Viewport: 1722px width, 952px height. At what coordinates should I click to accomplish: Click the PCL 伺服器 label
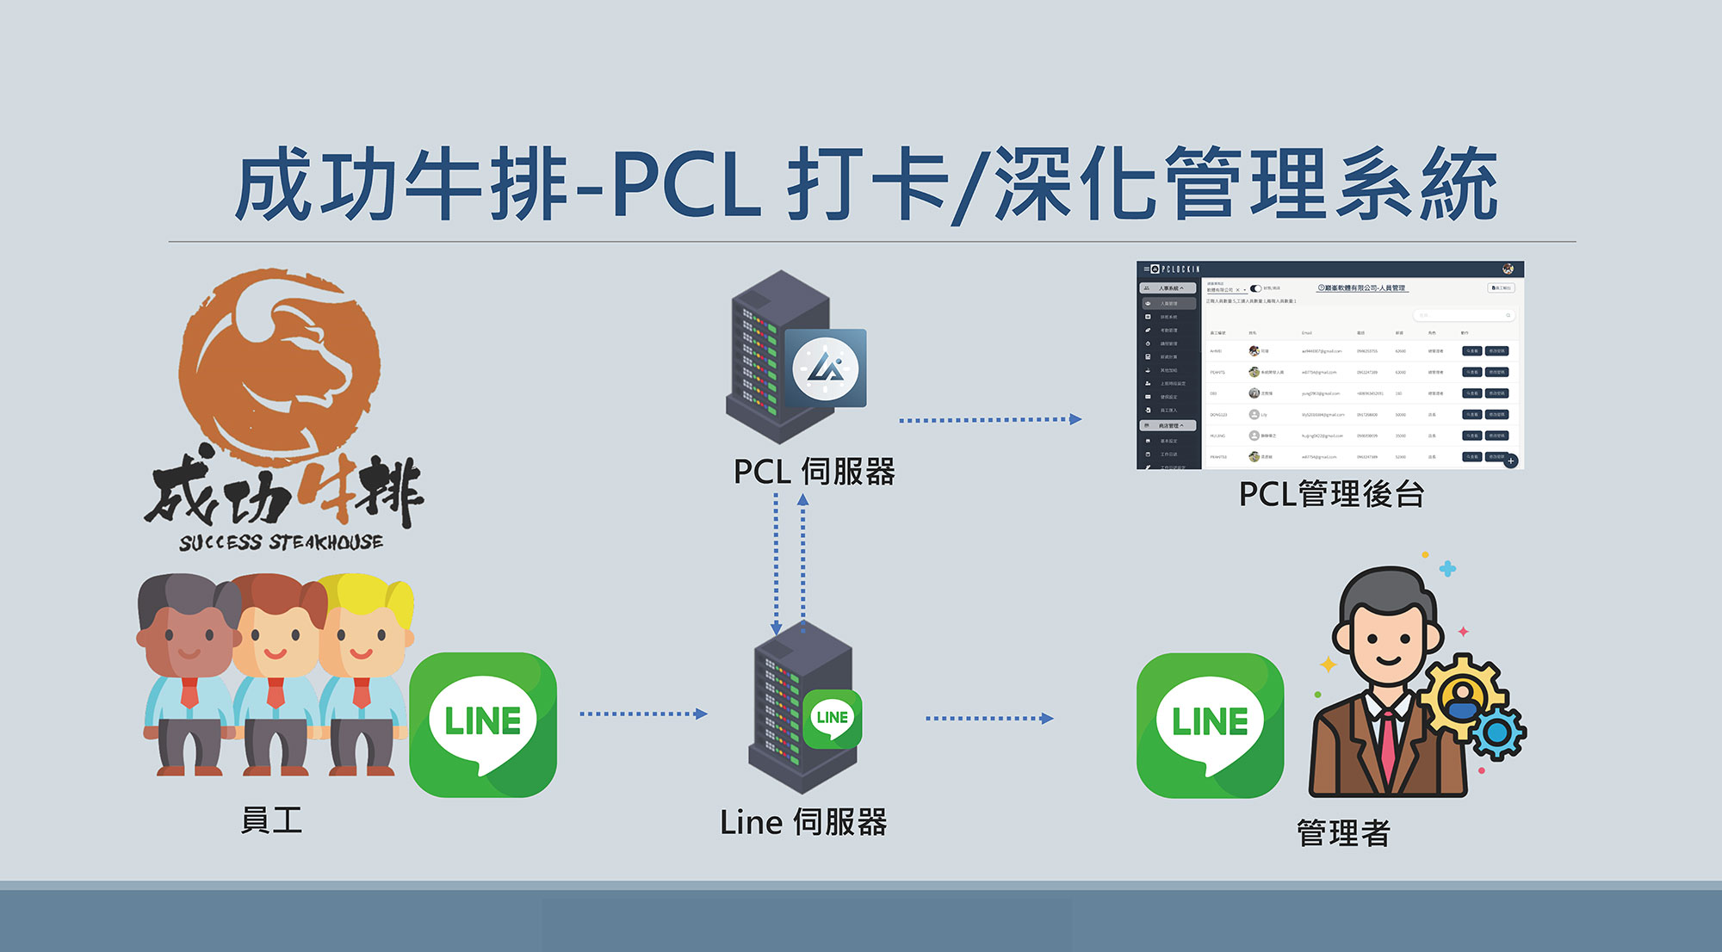[814, 472]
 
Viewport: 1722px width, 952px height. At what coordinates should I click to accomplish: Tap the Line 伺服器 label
[803, 822]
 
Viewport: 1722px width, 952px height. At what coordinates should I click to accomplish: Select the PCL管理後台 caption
[1331, 494]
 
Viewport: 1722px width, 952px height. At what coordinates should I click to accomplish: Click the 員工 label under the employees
[271, 819]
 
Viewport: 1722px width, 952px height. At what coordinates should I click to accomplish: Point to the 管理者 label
[1343, 832]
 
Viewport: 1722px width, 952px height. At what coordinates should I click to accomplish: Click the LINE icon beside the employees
[483, 724]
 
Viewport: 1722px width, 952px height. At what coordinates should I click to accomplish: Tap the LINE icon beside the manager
[1210, 725]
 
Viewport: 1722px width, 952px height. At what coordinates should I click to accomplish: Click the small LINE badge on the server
[833, 718]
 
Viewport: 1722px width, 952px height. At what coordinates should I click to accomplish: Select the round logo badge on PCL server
[825, 368]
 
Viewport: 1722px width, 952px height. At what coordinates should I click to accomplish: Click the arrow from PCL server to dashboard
[990, 420]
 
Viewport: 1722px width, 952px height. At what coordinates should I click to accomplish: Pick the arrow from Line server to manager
[989, 718]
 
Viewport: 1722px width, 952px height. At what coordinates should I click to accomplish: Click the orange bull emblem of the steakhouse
[280, 362]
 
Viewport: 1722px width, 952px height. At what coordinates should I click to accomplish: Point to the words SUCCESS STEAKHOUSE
[281, 542]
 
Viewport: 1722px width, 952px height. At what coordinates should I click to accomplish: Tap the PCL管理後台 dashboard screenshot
[1330, 365]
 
